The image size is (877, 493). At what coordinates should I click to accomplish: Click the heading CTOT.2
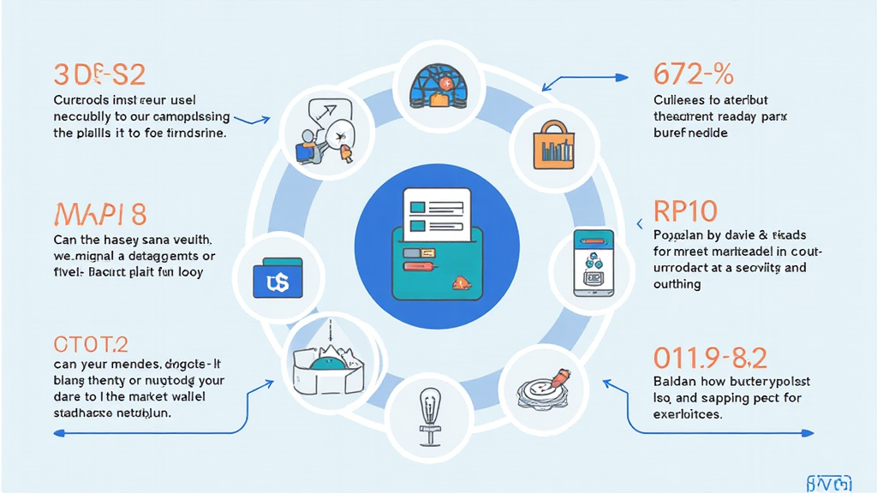pyautogui.click(x=91, y=344)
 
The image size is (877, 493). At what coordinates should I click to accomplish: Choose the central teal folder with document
pyautogui.click(x=438, y=248)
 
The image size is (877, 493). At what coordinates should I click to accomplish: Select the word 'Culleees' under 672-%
pyautogui.click(x=678, y=99)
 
